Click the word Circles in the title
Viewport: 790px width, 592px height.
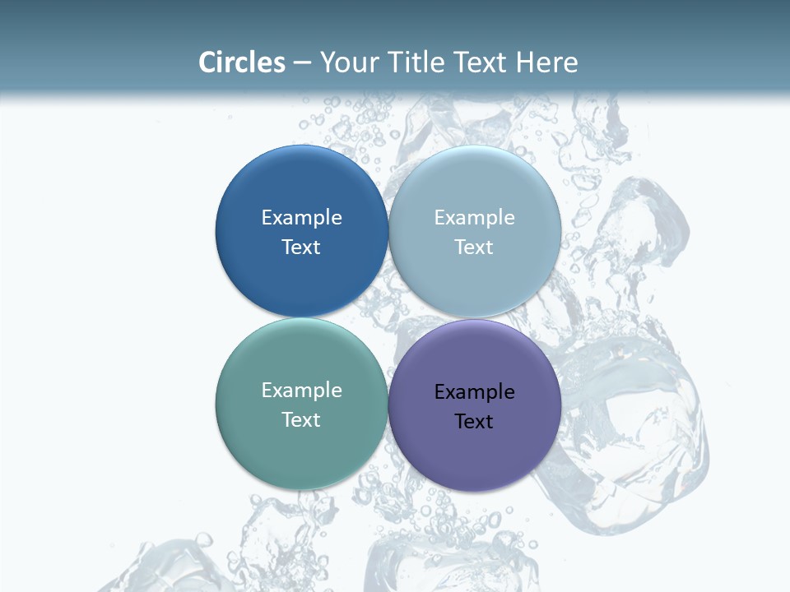(x=241, y=62)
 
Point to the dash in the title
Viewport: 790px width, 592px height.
(x=302, y=63)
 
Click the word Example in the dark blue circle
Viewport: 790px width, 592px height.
(x=301, y=217)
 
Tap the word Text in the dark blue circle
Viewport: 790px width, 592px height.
(x=301, y=247)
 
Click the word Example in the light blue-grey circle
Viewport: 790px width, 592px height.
(x=474, y=217)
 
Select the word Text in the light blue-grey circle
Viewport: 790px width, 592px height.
(x=474, y=247)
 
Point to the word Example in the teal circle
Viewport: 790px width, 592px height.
(x=301, y=390)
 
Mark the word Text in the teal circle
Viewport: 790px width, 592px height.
(x=301, y=419)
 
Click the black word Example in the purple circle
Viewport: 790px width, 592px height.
(x=474, y=391)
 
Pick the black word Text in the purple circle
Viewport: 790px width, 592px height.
(x=474, y=421)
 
